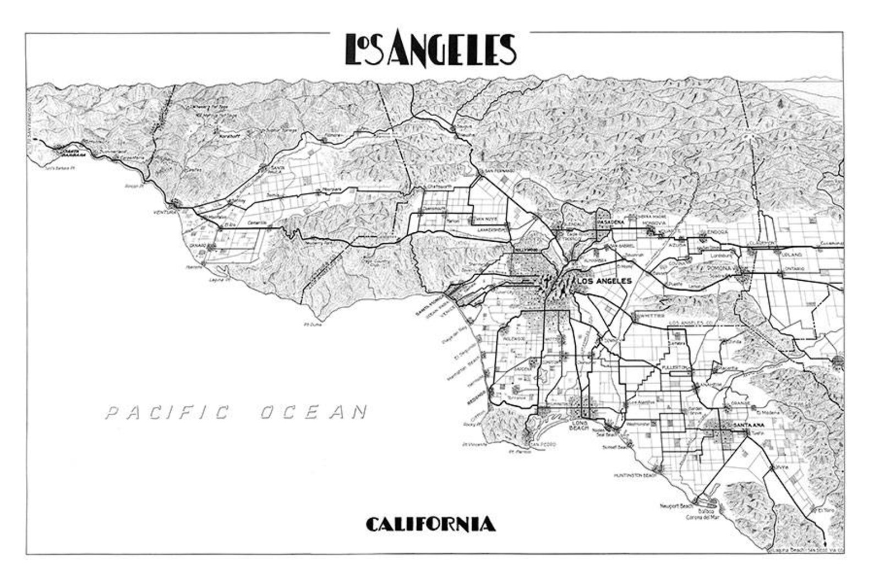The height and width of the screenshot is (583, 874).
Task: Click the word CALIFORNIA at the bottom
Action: pos(430,524)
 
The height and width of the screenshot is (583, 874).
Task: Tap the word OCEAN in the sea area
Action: pos(313,412)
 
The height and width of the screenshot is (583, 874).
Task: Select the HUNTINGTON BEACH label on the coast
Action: pos(636,475)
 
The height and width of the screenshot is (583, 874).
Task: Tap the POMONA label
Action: pos(718,268)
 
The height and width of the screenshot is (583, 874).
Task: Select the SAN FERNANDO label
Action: pos(499,172)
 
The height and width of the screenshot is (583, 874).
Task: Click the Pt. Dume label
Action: pos(312,325)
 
